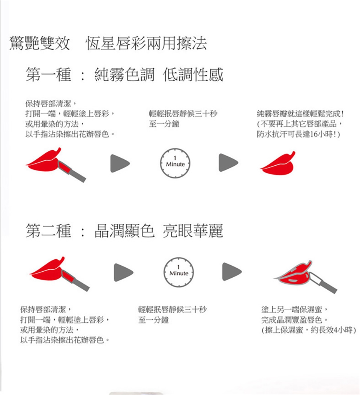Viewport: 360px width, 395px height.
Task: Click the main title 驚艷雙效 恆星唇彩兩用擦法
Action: click(x=108, y=43)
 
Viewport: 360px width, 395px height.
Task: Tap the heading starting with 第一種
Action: click(x=124, y=75)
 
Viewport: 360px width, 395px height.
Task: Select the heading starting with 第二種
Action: click(x=124, y=231)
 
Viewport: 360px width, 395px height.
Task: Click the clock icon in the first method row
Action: click(x=175, y=163)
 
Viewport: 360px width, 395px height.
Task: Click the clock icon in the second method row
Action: click(x=179, y=272)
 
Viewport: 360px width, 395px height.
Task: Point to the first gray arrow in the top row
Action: click(x=120, y=163)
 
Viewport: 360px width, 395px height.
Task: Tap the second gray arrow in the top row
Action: click(x=228, y=163)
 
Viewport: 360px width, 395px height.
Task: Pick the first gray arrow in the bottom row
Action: click(x=123, y=272)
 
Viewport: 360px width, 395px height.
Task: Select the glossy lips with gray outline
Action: click(x=293, y=274)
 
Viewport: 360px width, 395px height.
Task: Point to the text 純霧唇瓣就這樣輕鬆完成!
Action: click(x=300, y=114)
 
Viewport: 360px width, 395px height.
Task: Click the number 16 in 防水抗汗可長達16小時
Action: click(x=313, y=134)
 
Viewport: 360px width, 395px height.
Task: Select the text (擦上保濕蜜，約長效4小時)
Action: click(x=309, y=330)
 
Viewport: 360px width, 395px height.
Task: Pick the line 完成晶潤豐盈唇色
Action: click(x=294, y=320)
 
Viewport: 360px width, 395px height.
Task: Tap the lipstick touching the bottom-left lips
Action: click(x=75, y=280)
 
